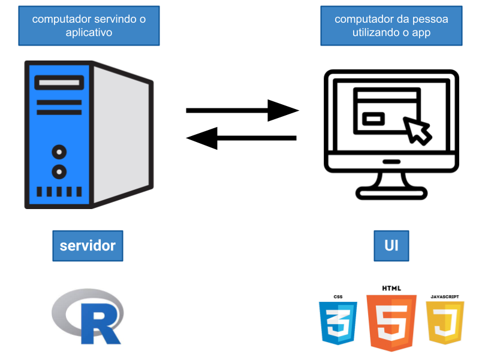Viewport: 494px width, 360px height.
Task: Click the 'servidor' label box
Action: pyautogui.click(x=88, y=246)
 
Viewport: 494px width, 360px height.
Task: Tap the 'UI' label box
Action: pyautogui.click(x=391, y=246)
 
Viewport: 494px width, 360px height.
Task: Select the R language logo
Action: pyautogui.click(x=88, y=316)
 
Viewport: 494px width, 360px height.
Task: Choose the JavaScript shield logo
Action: pyautogui.click(x=445, y=322)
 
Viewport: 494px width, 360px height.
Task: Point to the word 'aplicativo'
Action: pyautogui.click(x=89, y=32)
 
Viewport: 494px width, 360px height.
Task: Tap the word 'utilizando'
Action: pyautogui.click(x=375, y=32)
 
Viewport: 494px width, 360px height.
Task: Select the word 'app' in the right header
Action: pyautogui.click(x=421, y=32)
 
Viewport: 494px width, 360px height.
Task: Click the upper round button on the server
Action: pyautogui.click(x=59, y=152)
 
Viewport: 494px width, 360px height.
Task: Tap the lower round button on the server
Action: pyautogui.click(x=59, y=172)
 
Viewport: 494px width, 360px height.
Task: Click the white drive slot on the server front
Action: pyautogui.click(x=59, y=82)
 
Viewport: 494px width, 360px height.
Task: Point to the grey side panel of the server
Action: pyautogui.click(x=122, y=135)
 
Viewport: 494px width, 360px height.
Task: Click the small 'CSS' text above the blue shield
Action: pyautogui.click(x=338, y=297)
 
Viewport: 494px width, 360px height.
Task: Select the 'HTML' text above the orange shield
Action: pyautogui.click(x=391, y=288)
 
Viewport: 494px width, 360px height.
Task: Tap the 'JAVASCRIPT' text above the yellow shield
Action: pyautogui.click(x=445, y=297)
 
